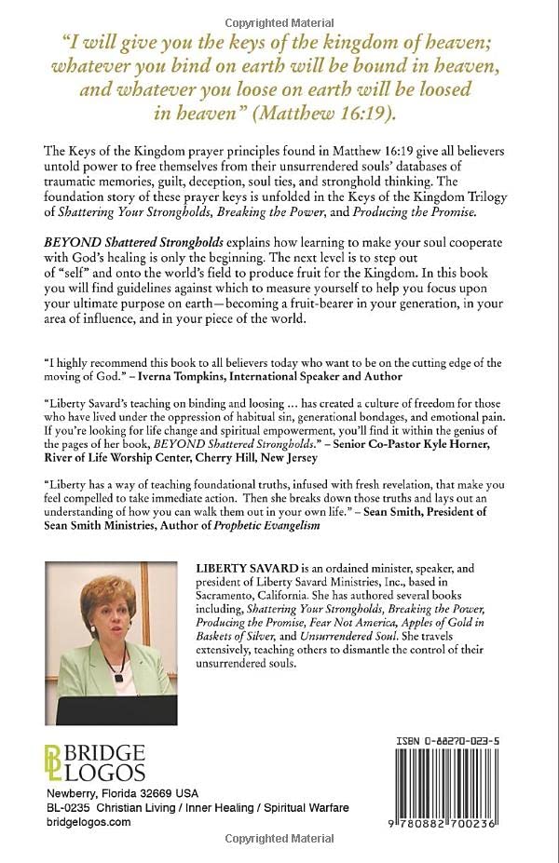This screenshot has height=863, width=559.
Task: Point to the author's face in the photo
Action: pos(106,607)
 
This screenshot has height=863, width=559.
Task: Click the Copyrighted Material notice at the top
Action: pos(279,10)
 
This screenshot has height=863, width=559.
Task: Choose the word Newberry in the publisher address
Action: pos(75,791)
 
